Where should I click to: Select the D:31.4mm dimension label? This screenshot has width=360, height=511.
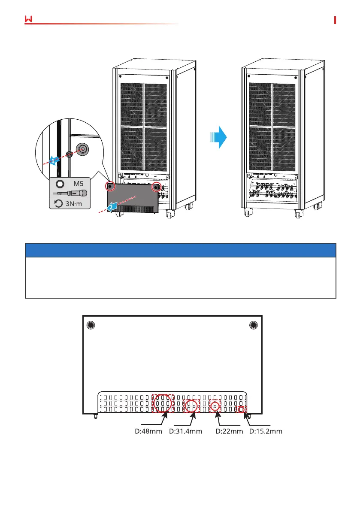[186, 431]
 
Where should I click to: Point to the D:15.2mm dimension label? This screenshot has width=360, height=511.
[266, 431]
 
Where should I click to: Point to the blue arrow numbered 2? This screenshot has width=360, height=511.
[112, 206]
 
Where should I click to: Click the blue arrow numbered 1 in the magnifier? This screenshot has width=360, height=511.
[53, 160]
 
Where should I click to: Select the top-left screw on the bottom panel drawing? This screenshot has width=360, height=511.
[90, 325]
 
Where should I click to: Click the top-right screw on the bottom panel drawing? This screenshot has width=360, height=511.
[254, 325]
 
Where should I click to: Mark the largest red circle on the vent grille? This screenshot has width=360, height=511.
[163, 402]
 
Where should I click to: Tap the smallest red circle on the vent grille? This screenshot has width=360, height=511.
[242, 409]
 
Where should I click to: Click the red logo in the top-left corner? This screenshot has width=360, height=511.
[29, 20]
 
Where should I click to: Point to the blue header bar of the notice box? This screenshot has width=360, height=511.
[180, 250]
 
